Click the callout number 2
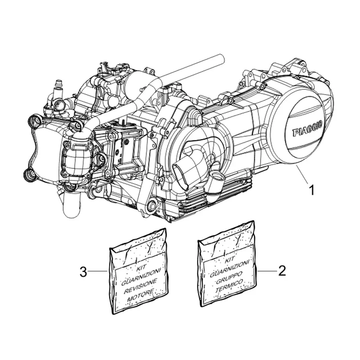pos(282,271)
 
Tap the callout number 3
pos(82,271)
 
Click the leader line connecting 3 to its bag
pos(97,271)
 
